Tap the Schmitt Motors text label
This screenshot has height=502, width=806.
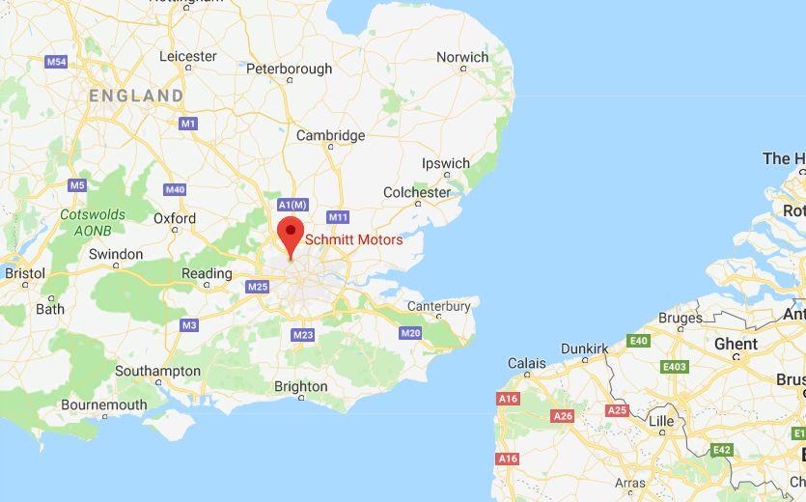[353, 239]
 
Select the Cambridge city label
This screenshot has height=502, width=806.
[330, 136]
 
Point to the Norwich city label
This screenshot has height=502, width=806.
[462, 58]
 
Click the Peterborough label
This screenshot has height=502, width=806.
[289, 70]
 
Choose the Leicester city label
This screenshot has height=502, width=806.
[187, 57]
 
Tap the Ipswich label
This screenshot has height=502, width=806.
[445, 164]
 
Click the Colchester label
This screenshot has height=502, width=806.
[417, 193]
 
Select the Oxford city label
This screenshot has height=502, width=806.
[175, 219]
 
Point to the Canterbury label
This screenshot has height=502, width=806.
[438, 307]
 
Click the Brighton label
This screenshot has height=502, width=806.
[300, 387]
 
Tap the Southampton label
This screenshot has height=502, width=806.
[157, 372]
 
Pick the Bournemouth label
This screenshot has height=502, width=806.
[103, 405]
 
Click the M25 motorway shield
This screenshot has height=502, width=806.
[257, 287]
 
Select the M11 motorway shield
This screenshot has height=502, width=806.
[338, 217]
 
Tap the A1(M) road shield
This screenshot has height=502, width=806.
[292, 205]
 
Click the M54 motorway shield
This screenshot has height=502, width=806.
[56, 62]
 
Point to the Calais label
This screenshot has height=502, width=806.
[527, 364]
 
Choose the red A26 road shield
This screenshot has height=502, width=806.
[563, 415]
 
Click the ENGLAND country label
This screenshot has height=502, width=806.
[136, 96]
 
